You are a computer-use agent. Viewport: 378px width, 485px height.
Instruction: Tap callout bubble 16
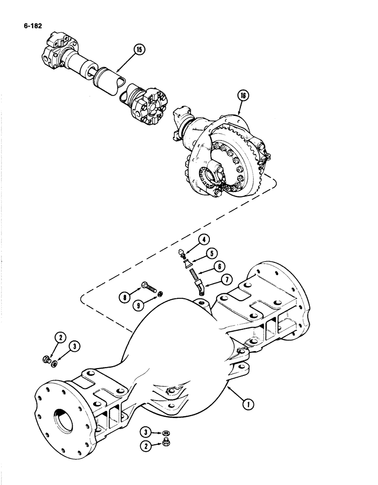(243, 96)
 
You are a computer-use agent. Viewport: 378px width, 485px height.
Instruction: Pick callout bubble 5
(211, 252)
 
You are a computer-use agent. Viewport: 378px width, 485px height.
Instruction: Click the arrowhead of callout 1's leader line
(226, 389)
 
